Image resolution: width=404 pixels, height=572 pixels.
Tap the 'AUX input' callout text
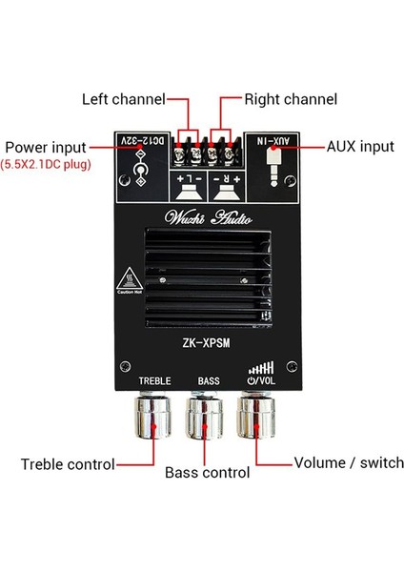click(359, 148)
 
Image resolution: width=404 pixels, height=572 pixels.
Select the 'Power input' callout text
click(45, 148)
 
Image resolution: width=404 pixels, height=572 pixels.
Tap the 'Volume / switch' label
click(340, 464)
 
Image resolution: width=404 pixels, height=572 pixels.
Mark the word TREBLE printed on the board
click(154, 381)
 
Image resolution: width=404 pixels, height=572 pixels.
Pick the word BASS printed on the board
click(208, 381)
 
